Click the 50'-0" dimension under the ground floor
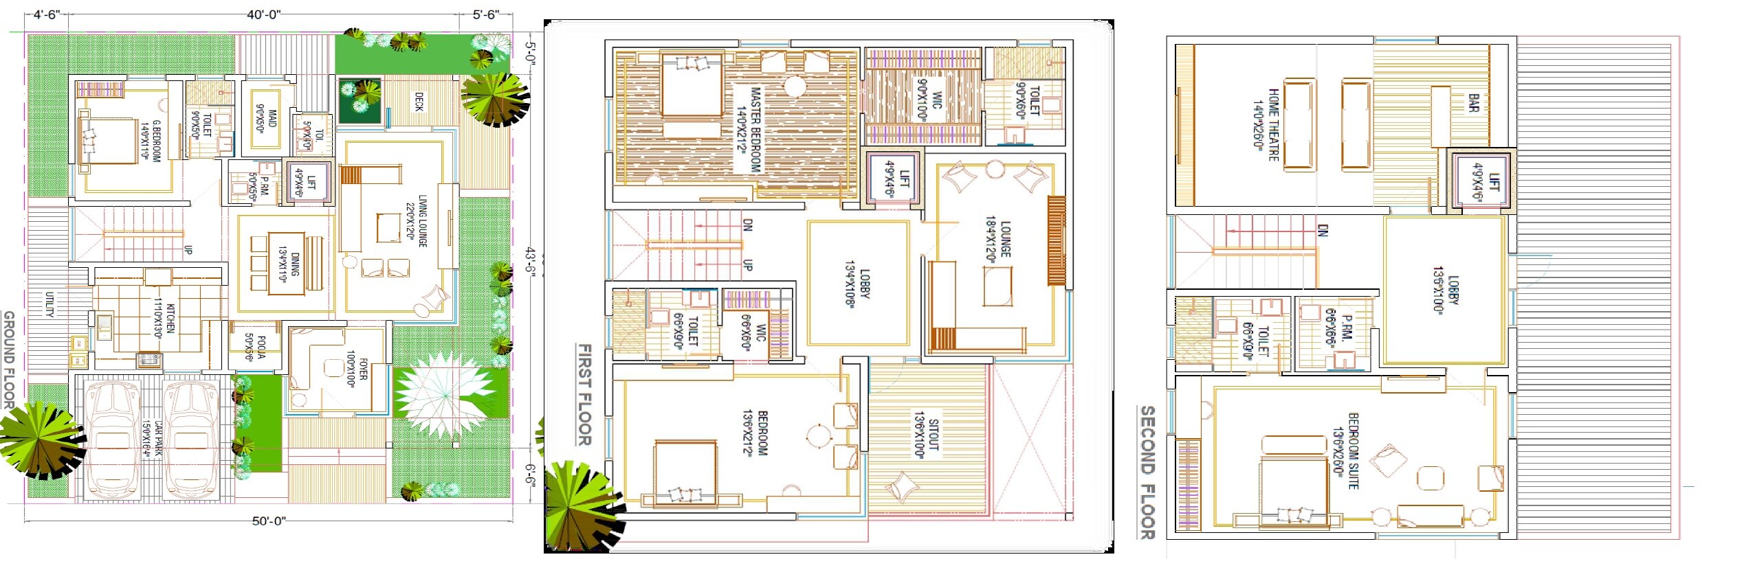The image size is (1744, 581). pos(268,521)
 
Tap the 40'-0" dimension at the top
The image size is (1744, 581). pos(264,15)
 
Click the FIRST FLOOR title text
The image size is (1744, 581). pos(584,395)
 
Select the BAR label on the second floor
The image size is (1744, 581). pos(1473,104)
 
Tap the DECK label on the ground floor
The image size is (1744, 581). pos(419,102)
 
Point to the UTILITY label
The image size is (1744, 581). pos(49,304)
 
